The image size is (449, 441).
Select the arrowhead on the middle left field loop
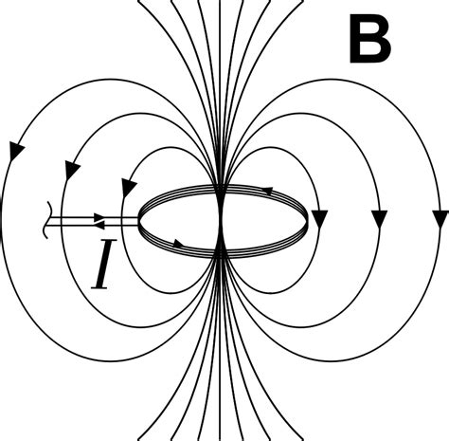[x=71, y=171]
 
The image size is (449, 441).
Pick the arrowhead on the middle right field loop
[x=380, y=219]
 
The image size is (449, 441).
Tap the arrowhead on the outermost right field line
[x=439, y=219]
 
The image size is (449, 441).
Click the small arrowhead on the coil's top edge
[x=267, y=191]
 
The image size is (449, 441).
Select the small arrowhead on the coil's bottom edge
[x=178, y=243]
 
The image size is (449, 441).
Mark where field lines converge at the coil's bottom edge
[x=221, y=248]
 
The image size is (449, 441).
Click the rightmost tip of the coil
[x=306, y=220]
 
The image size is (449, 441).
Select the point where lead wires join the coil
[x=139, y=220]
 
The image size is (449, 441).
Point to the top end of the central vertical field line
[x=221, y=3]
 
